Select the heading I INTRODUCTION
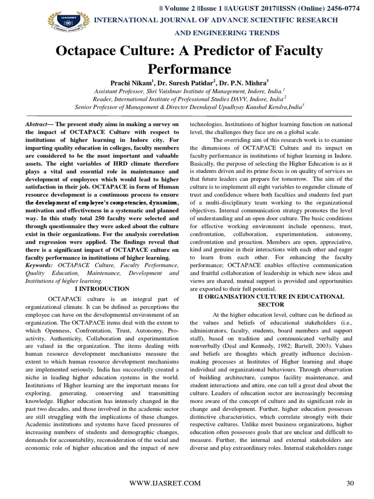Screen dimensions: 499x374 coord(102,289)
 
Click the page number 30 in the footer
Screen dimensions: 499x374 coord(349,483)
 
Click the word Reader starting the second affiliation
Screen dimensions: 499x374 coord(102,98)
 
